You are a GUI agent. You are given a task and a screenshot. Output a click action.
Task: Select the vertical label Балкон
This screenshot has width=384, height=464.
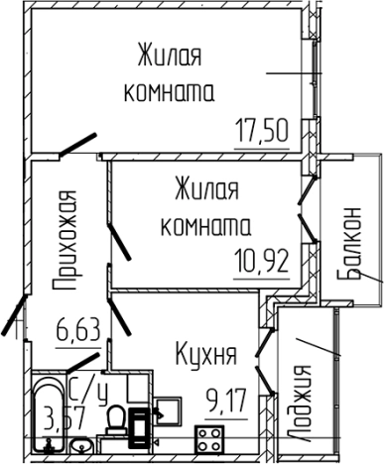pyautogui.click(x=350, y=246)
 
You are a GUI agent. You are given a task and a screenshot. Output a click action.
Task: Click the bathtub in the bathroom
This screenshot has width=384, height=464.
pyautogui.click(x=51, y=415)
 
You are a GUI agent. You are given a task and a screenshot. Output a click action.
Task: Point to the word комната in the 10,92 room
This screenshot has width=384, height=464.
pyautogui.click(x=208, y=225)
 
